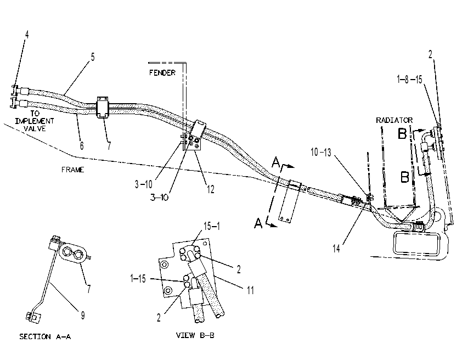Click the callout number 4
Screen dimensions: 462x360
pos(27,35)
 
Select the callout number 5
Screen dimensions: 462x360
pos(93,57)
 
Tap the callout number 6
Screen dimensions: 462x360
pos(82,145)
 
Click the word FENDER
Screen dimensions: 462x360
pos(162,72)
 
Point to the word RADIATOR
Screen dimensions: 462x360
pos(394,120)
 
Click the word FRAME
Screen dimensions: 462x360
pos(73,170)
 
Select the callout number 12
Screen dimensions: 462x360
pos(210,189)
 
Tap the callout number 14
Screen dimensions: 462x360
pos(336,249)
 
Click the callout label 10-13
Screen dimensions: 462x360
pos(321,153)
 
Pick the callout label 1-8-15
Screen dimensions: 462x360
pos(409,79)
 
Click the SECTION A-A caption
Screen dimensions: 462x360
pos(45,336)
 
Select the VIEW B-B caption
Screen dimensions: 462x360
pos(195,335)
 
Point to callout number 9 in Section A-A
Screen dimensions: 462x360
pos(83,316)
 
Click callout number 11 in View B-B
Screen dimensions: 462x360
pos(250,290)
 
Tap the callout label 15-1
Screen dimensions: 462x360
pos(212,226)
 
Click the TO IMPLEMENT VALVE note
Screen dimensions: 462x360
pos(35,121)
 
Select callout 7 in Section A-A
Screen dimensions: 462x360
pos(89,289)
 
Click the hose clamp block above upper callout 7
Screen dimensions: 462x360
pos(103,106)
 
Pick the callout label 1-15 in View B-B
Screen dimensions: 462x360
pos(138,278)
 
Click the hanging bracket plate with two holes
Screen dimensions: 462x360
pos(288,203)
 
